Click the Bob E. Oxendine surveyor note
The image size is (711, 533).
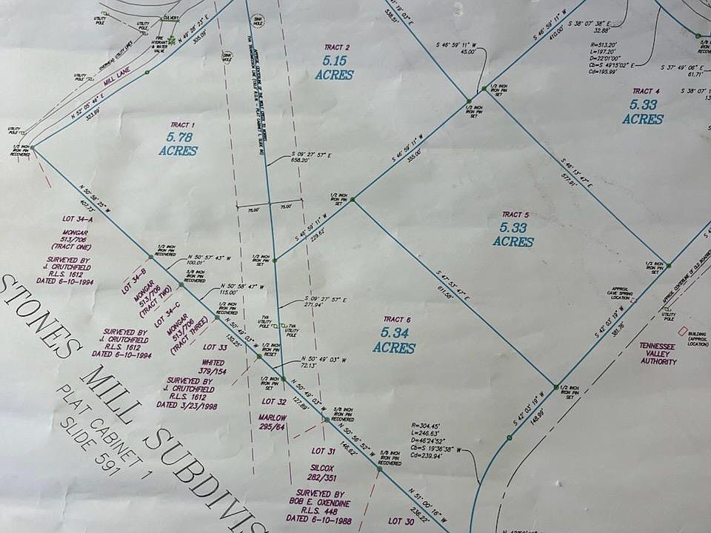pyautogui.click(x=327, y=503)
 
